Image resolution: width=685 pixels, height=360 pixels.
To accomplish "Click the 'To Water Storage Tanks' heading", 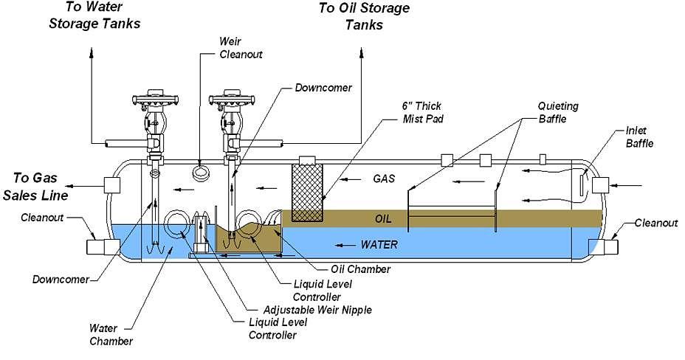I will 94,15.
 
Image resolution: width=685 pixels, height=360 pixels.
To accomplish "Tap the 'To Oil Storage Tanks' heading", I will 364,15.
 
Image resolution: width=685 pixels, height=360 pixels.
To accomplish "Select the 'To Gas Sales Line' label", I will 41,187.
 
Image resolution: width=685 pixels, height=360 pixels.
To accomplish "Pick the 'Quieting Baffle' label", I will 557,112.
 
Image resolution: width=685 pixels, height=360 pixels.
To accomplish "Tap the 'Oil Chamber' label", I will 362,269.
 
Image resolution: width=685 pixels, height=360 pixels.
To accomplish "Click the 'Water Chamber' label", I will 111,334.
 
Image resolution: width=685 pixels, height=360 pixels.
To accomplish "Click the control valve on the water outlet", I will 156,118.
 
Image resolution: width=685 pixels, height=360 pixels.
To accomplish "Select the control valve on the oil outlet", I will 232,118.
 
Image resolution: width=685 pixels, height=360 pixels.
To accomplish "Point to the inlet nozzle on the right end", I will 599,185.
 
